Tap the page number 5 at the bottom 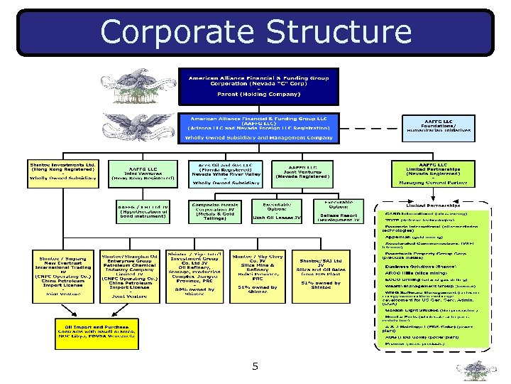click(x=255, y=367)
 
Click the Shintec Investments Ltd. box click(x=62, y=173)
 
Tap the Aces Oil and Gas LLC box click(x=226, y=173)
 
